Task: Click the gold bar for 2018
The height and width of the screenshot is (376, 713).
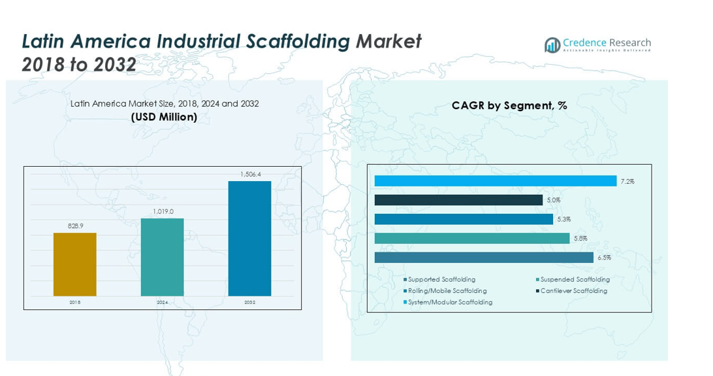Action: [x=74, y=264]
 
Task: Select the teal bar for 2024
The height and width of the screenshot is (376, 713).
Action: [x=162, y=257]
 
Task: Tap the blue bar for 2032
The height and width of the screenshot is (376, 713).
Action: [x=249, y=239]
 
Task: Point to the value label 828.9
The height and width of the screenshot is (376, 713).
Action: [x=75, y=226]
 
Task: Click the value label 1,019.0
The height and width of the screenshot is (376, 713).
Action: [x=163, y=211]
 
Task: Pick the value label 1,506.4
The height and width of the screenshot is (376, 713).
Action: [x=250, y=174]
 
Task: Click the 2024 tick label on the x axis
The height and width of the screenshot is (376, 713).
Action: [x=162, y=303]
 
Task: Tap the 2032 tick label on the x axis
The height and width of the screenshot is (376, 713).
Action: [x=249, y=303]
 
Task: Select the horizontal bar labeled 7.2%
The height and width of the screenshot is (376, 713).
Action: [x=495, y=181]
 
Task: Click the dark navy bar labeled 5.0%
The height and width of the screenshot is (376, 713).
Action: [x=458, y=200]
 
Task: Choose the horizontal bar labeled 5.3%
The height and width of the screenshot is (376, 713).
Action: [x=464, y=219]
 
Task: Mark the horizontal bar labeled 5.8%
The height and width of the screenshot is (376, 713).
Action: [x=472, y=239]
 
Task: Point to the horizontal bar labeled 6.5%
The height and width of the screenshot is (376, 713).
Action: [x=484, y=258]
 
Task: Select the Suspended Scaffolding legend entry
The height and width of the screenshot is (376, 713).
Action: [x=573, y=280]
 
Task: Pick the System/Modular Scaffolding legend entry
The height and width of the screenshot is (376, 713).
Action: [x=450, y=302]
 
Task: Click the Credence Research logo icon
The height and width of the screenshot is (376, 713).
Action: [x=552, y=44]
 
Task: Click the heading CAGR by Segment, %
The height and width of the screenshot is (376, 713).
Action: [x=509, y=105]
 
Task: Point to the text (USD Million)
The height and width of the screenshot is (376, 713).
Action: [x=165, y=117]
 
